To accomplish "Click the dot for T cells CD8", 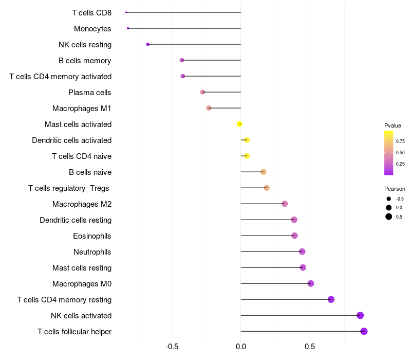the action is click(126, 12).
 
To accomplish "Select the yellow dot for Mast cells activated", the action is click(239, 124).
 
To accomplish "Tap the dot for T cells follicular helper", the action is click(364, 331).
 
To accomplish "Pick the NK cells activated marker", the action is click(360, 315).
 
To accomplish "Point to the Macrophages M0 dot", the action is click(311, 283).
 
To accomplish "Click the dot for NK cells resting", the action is click(148, 44).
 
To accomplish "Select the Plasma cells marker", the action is click(202, 92).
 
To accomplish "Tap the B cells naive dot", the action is click(264, 172).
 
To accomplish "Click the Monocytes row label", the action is click(92, 29).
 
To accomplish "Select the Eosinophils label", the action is click(92, 236).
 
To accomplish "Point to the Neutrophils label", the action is click(92, 252).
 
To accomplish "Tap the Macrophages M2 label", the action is click(82, 204).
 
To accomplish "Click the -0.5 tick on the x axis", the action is click(172, 347).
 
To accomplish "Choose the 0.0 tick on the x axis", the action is click(241, 347).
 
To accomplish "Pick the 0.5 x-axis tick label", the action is click(310, 347).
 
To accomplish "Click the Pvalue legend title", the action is click(393, 125).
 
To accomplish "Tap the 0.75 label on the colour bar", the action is click(400, 141).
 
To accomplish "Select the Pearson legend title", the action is click(395, 189).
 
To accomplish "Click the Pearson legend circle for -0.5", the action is click(389, 199).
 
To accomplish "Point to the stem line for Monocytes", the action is click(184, 28).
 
